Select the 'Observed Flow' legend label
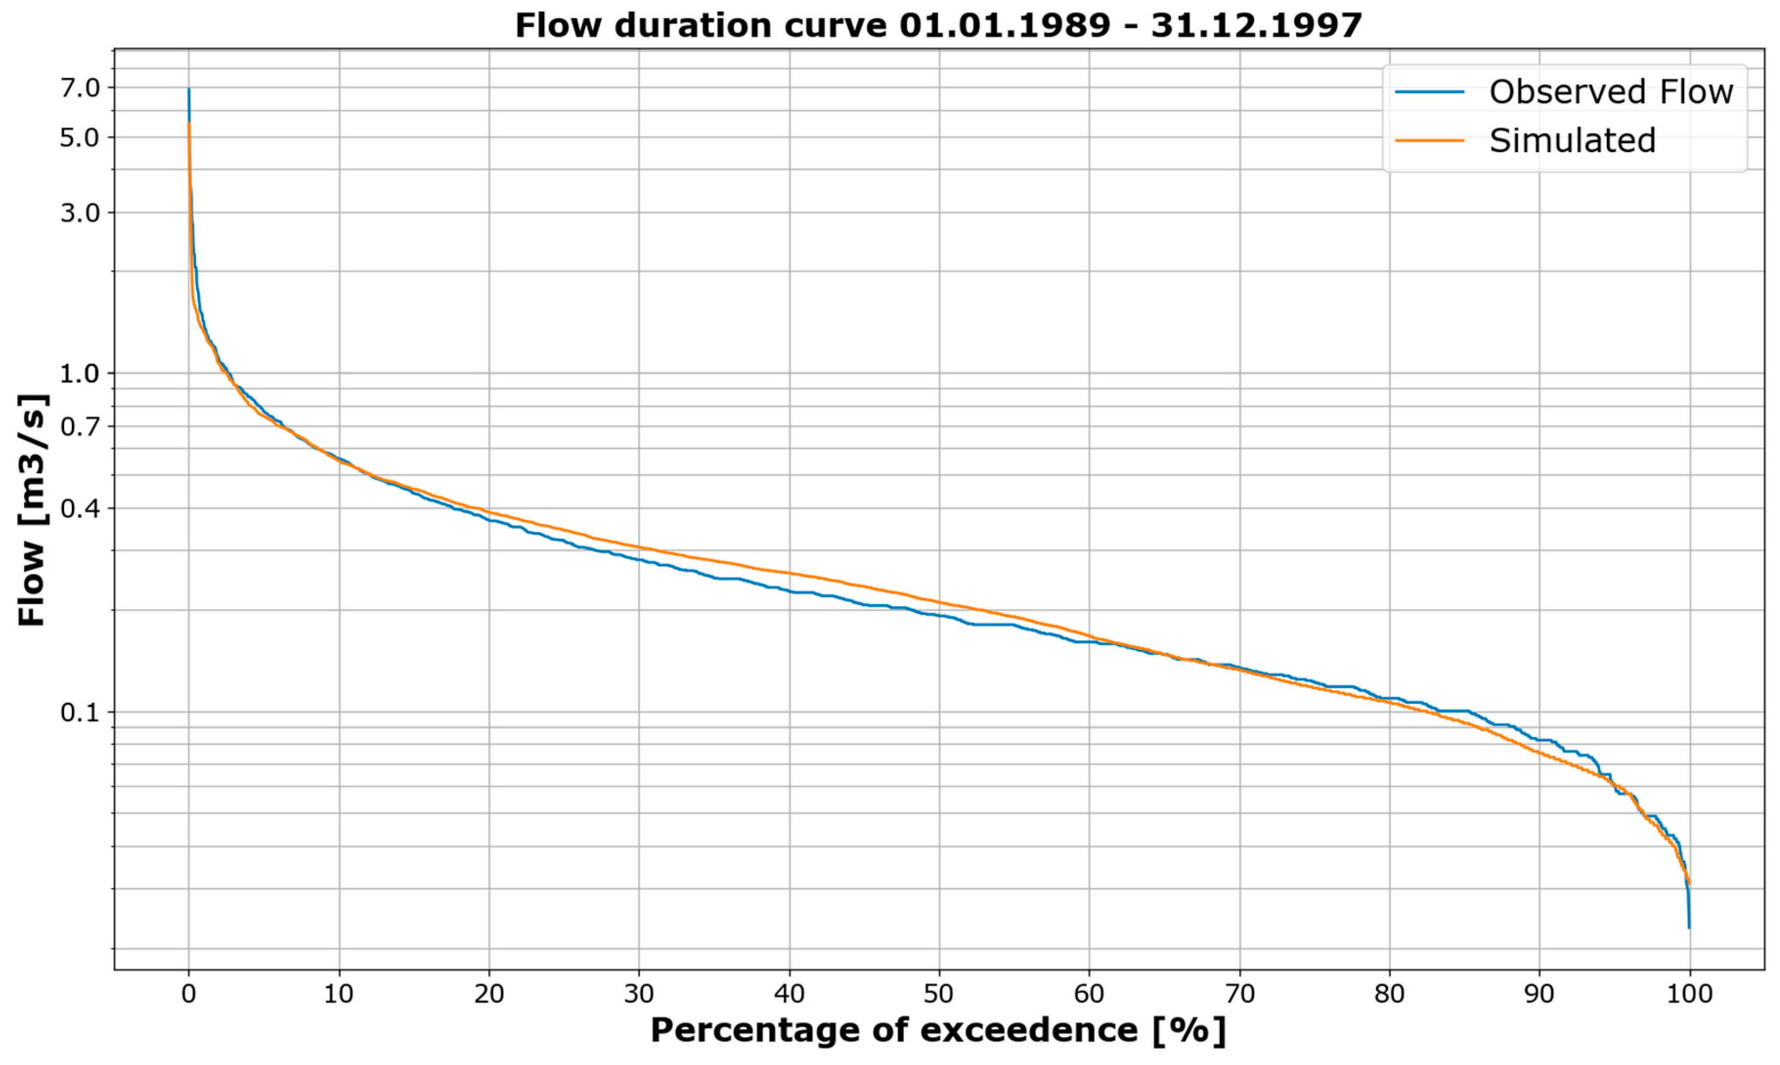[x=1611, y=92]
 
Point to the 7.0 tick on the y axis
[x=80, y=88]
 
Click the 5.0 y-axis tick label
[x=80, y=137]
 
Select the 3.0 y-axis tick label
[x=80, y=213]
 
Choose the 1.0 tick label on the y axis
[x=80, y=373]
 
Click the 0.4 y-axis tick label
[x=80, y=509]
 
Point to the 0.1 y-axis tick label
[x=80, y=713]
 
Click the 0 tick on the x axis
[x=189, y=994]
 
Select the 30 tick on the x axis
[x=639, y=994]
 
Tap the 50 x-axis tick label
[x=939, y=994]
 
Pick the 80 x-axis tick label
[x=1389, y=994]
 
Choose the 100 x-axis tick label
[x=1689, y=994]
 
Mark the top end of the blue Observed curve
[x=189, y=89]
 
